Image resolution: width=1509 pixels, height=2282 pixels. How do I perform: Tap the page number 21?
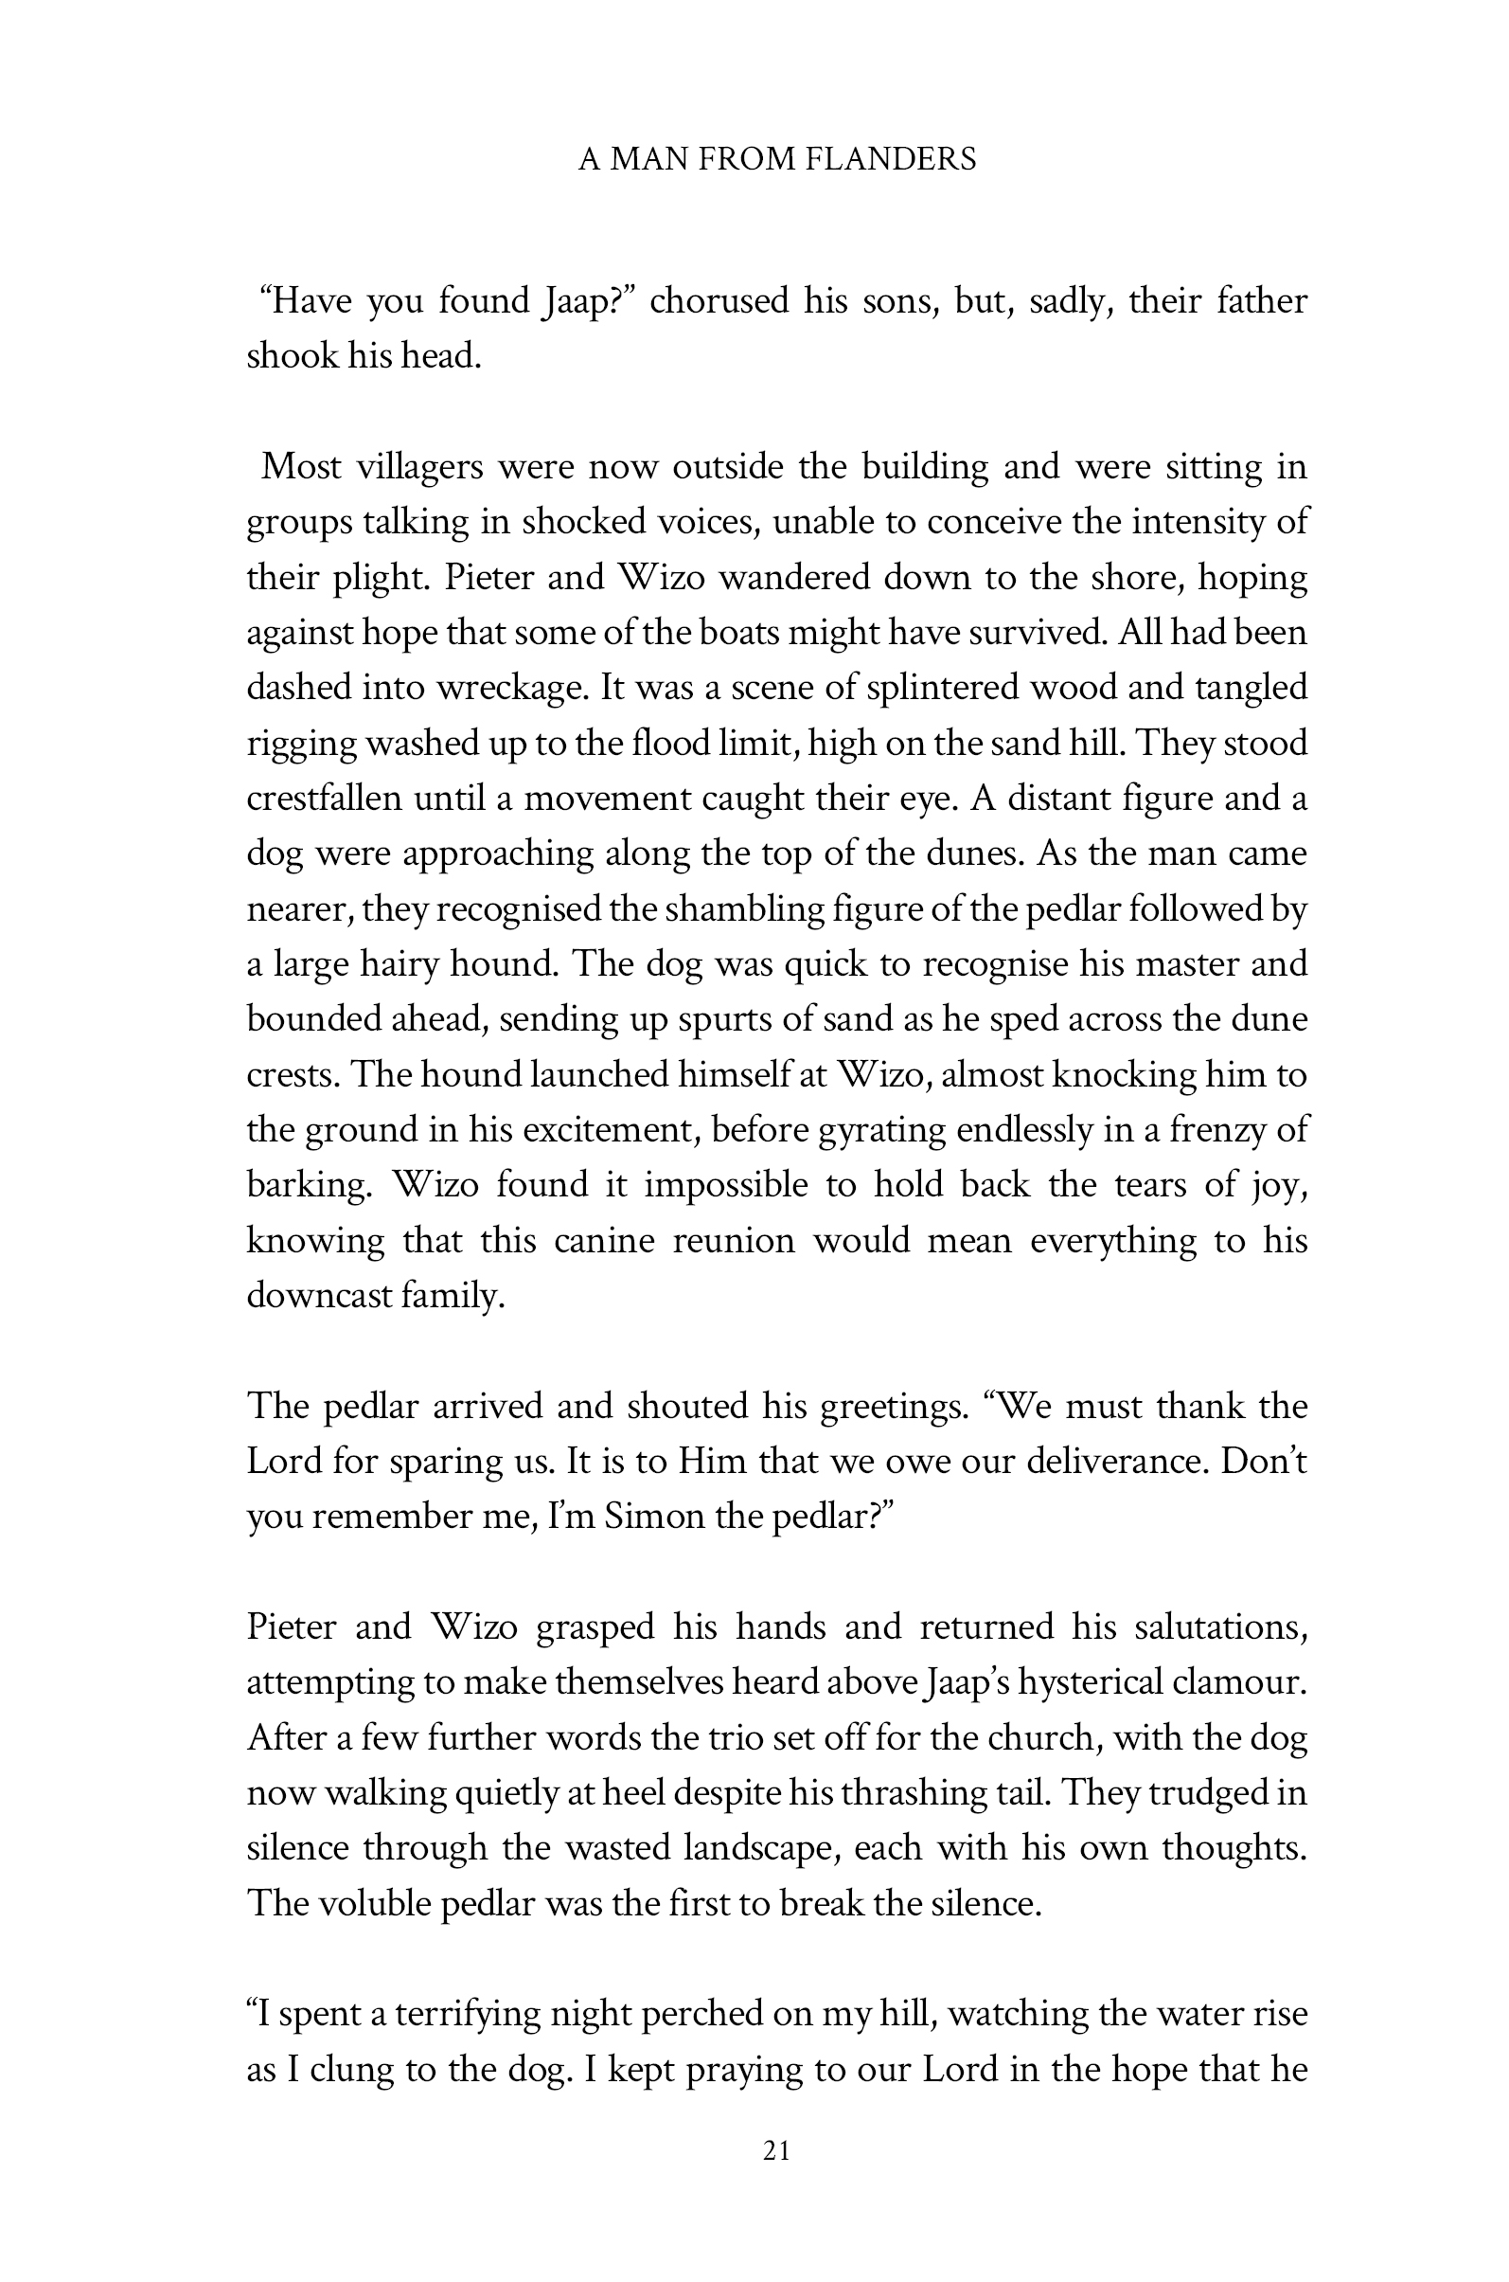[776, 2151]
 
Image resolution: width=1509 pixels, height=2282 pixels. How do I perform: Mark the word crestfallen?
[324, 800]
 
